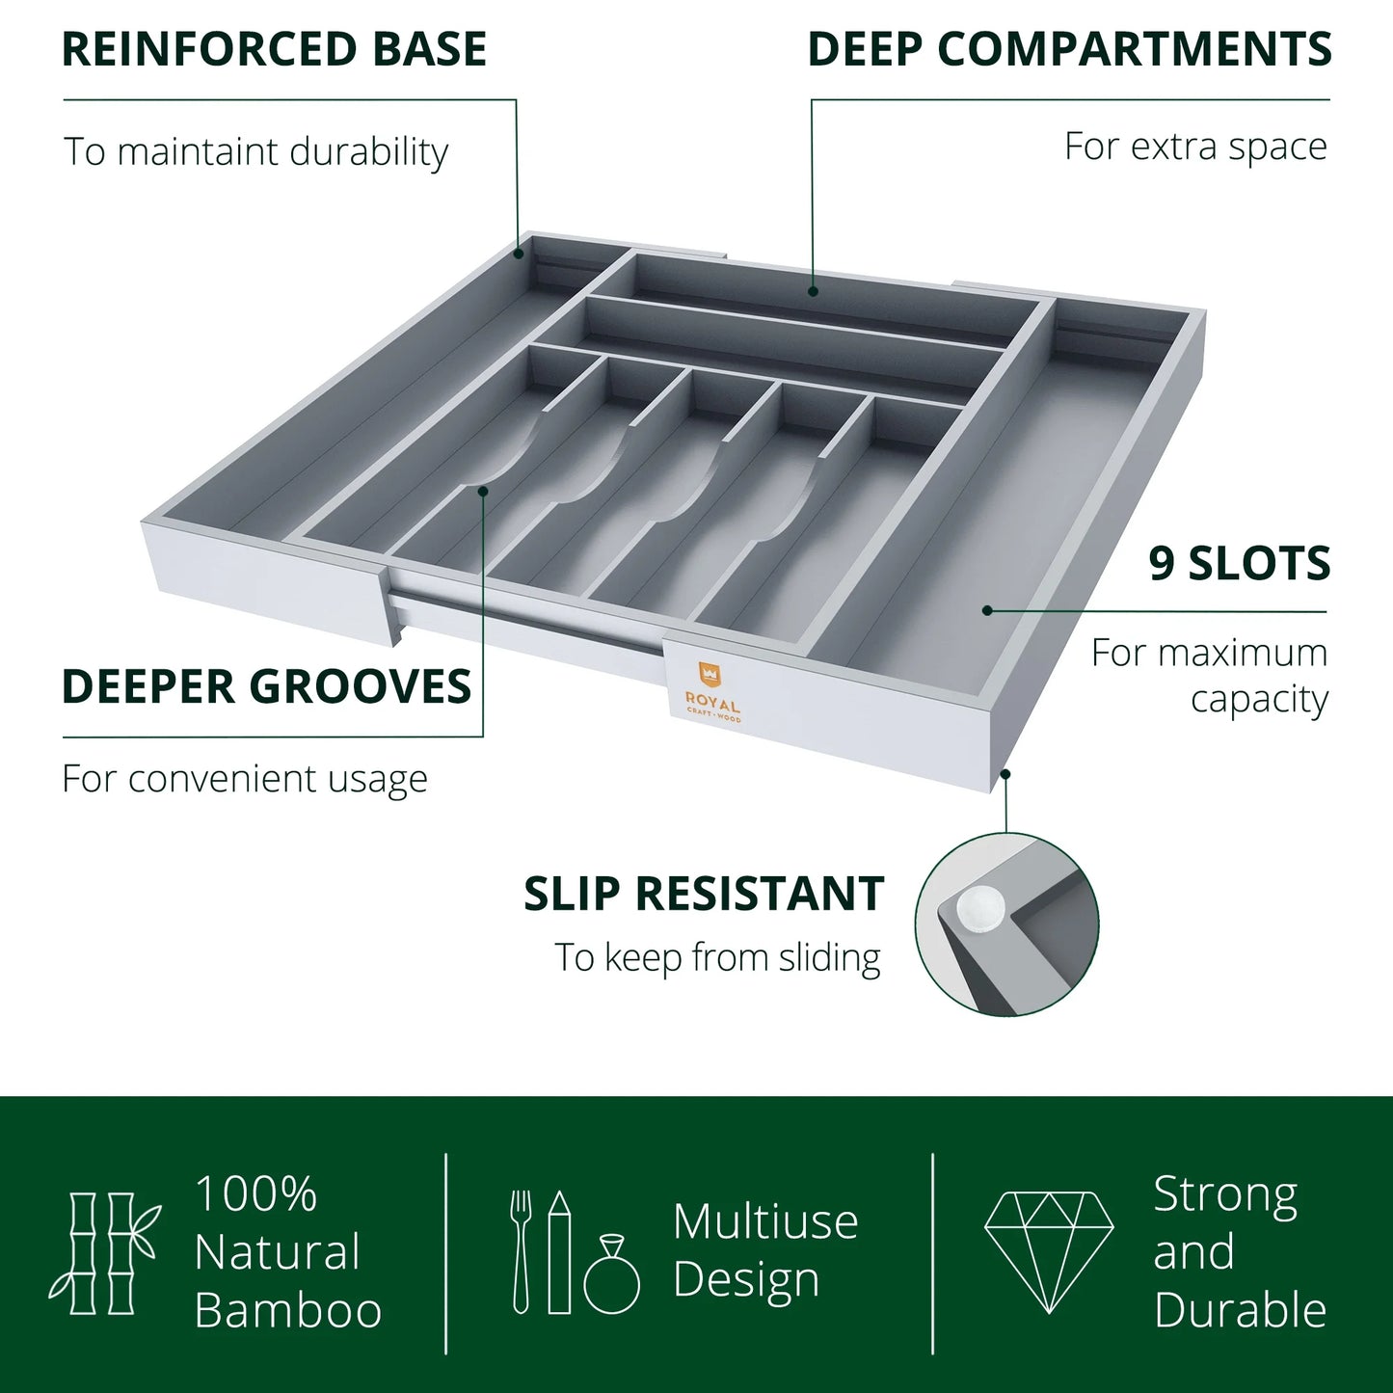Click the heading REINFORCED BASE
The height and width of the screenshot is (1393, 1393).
274,50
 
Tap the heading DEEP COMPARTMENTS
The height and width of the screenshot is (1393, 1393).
1069,50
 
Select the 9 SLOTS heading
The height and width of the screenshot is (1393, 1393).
1239,564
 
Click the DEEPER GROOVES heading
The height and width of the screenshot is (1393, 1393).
266,687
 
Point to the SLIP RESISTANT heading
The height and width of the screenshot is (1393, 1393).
704,894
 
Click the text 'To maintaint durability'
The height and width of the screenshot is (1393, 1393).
255,152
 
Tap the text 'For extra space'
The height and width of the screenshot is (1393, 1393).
1195,147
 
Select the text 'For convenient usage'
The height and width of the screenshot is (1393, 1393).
245,779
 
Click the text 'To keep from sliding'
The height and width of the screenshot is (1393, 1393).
717,958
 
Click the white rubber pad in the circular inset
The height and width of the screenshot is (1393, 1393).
979,906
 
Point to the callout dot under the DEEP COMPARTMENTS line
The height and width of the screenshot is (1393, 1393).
813,290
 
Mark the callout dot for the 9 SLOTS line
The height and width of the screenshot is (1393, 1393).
987,609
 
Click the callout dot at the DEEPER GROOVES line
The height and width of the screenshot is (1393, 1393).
483,490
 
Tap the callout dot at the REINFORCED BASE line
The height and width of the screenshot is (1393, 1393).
518,254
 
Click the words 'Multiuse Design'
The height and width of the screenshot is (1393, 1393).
764,1250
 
